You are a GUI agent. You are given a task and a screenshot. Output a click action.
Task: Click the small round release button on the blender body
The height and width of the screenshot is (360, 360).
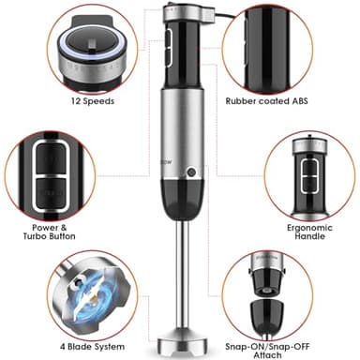(191, 173)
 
